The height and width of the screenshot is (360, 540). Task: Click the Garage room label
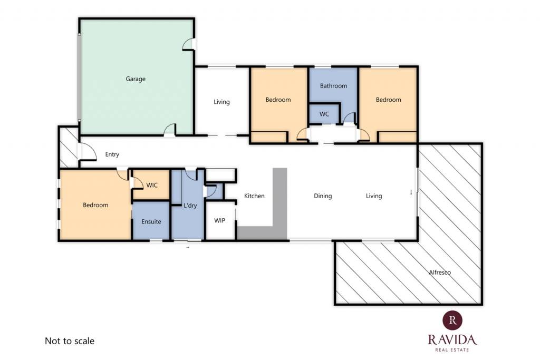tap(136, 79)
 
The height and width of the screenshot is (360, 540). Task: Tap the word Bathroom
tap(333, 86)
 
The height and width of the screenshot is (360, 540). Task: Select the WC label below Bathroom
tap(324, 114)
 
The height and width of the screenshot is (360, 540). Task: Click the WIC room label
tap(152, 185)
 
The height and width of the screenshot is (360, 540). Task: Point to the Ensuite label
tap(151, 222)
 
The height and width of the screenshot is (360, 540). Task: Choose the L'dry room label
tap(190, 206)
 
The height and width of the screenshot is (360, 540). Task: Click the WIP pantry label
tap(219, 220)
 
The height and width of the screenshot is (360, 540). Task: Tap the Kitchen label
tap(254, 196)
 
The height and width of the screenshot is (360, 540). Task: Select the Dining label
tap(323, 196)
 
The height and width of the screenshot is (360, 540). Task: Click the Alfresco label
tap(440, 272)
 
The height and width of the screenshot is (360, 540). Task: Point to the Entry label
tap(112, 154)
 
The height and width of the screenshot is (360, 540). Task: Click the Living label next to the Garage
tap(221, 102)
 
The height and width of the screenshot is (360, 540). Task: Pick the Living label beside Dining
tap(374, 196)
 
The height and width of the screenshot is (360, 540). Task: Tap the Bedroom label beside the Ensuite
tap(95, 205)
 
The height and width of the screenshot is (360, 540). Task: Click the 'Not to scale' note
tap(70, 340)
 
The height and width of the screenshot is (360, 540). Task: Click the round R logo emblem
tap(452, 320)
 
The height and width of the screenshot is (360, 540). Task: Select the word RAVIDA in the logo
tap(452, 339)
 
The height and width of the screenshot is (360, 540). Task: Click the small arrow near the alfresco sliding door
tap(411, 192)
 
